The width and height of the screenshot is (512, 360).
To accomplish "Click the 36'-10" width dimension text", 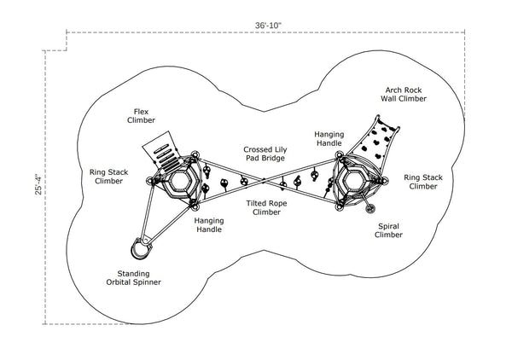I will [x=267, y=26].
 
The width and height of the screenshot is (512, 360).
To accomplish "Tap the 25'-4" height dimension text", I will [x=38, y=185].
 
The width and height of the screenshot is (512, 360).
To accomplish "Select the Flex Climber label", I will [x=142, y=116].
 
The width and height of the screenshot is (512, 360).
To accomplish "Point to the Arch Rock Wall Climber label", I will [x=403, y=95].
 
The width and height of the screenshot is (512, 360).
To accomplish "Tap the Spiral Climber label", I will [x=388, y=230].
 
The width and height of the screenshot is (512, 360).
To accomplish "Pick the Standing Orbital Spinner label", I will [x=133, y=277].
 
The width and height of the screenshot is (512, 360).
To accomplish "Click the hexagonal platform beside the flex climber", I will [x=180, y=183].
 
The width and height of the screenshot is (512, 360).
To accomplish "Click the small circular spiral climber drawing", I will [x=371, y=207].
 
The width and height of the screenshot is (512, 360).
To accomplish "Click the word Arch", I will [x=392, y=90].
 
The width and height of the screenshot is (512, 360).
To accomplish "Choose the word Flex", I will [x=142, y=111].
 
